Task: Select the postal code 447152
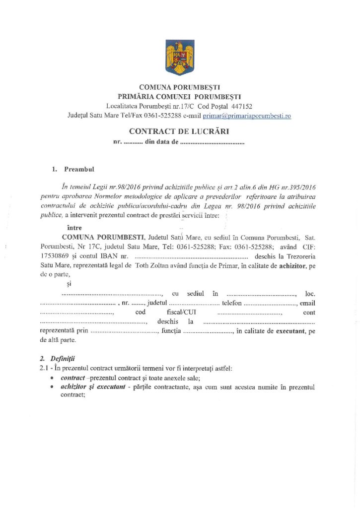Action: (240, 106)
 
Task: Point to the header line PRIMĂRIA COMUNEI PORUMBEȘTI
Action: (179, 97)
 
